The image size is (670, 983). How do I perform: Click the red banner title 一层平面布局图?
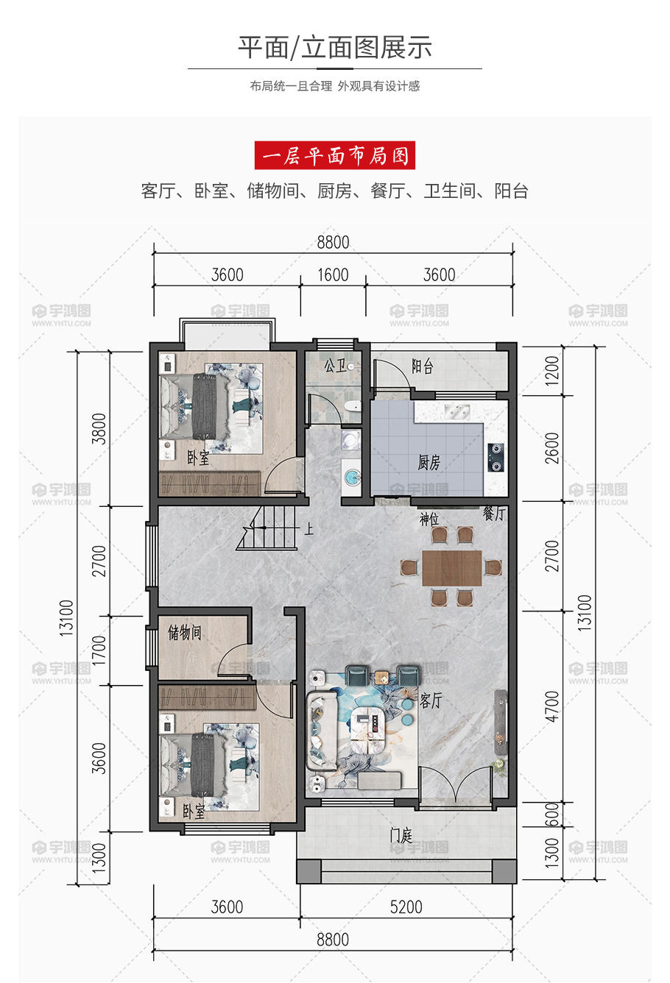[335, 155]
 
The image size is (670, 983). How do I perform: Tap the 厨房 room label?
[429, 462]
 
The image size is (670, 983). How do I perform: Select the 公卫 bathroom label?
[335, 365]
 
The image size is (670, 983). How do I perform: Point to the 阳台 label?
[423, 366]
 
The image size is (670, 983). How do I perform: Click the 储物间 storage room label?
[184, 632]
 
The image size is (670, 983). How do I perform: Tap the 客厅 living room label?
[430, 700]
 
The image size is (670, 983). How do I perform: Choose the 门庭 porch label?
[401, 834]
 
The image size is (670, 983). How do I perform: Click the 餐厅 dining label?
[494, 513]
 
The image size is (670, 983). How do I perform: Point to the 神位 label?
[429, 519]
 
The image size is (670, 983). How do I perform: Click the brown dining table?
[452, 568]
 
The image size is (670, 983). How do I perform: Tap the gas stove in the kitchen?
[496, 458]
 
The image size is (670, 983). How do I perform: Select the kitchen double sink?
[456, 412]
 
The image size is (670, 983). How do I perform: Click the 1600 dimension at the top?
[333, 275]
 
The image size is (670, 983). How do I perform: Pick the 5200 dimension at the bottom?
[406, 906]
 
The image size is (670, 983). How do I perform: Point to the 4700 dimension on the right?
[552, 706]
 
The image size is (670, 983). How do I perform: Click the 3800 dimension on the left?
[99, 429]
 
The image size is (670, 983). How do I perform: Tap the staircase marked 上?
[268, 528]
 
